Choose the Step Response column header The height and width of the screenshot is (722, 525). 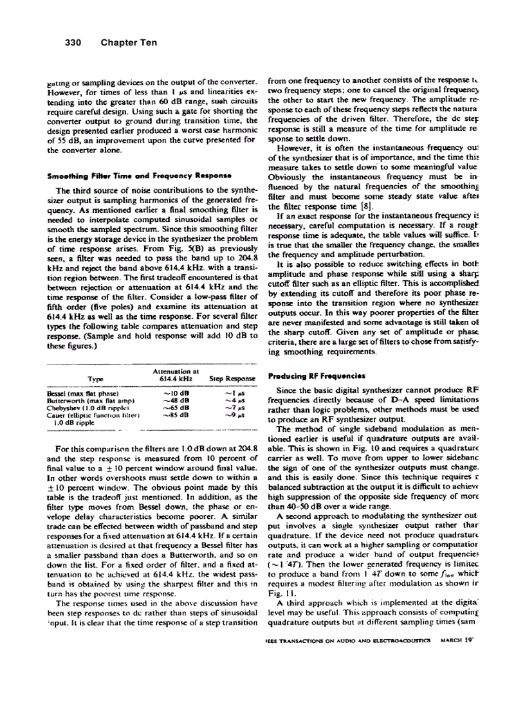click(x=232, y=379)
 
